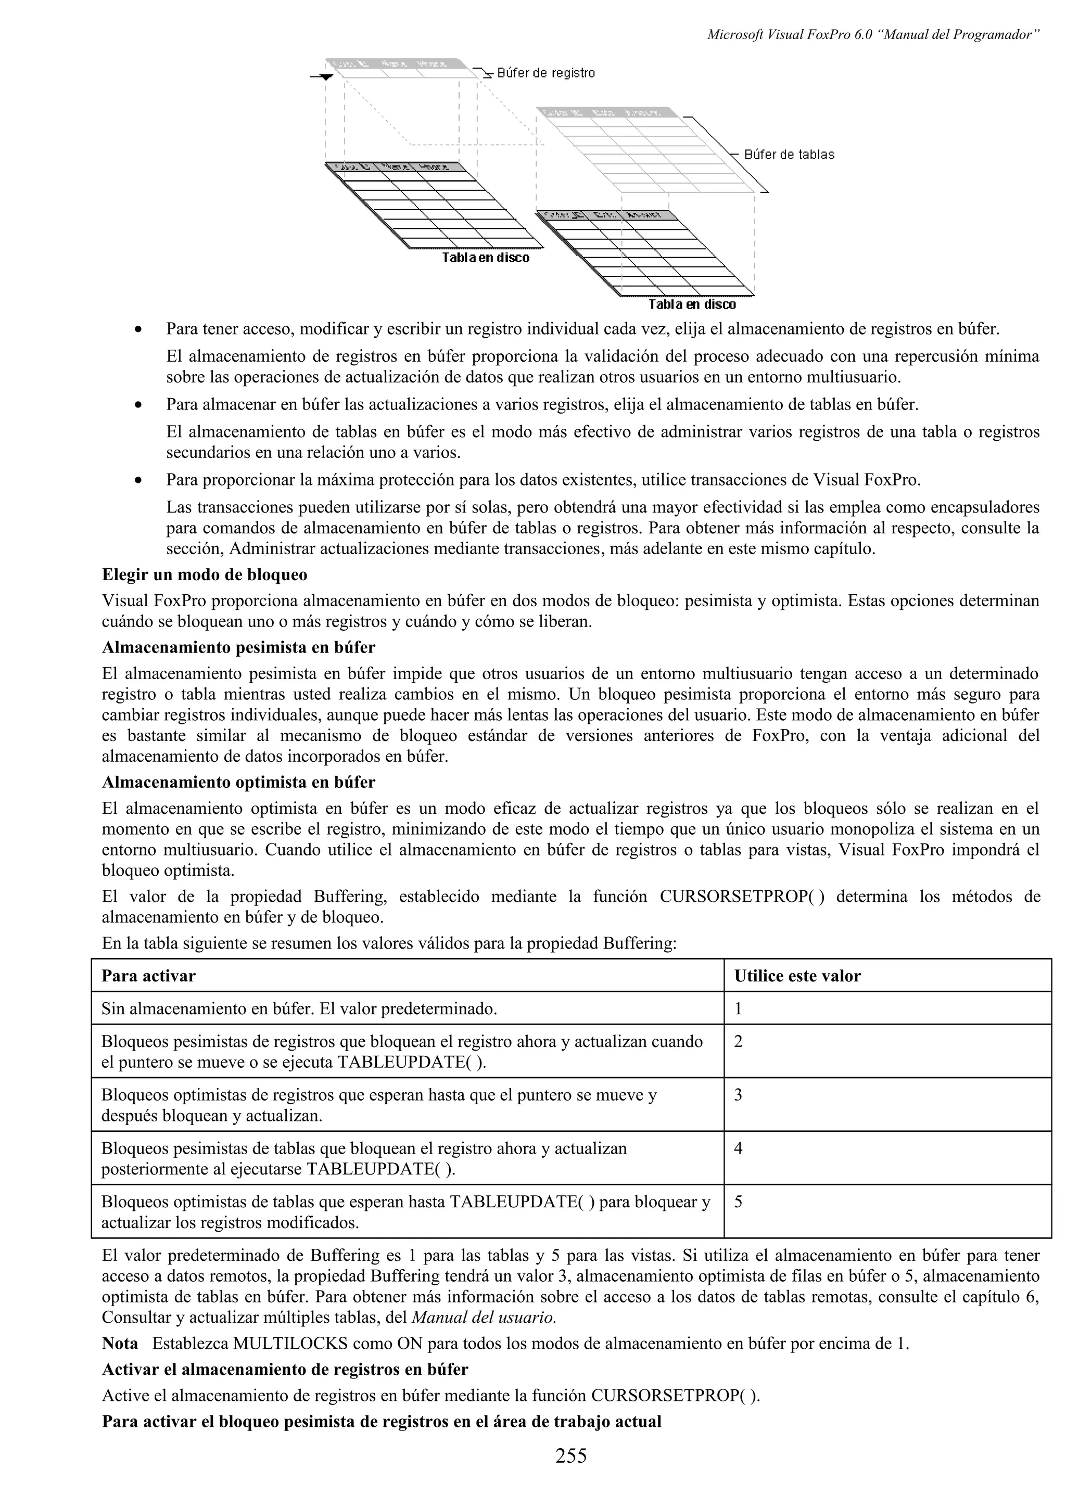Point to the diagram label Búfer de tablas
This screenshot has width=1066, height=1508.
788,155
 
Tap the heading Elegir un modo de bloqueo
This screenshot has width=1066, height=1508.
204,574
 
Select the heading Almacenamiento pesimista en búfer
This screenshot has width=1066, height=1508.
238,648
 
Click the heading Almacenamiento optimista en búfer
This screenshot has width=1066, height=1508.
238,782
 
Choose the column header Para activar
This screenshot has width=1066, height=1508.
148,976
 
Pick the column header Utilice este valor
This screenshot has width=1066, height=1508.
797,976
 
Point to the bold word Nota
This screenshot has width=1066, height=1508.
120,1343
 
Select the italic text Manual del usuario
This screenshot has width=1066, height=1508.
484,1317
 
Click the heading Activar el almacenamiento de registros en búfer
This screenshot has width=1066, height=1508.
285,1370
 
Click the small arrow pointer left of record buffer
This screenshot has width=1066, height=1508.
326,77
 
